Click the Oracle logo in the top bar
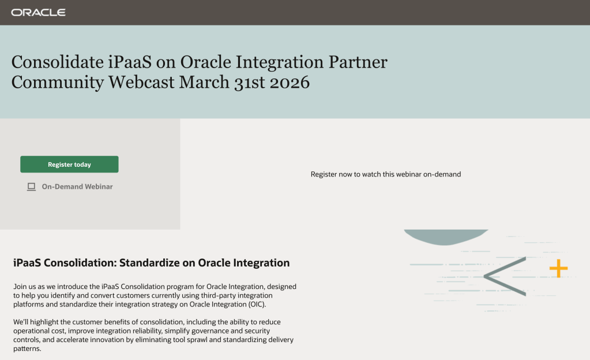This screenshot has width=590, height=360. pos(39,13)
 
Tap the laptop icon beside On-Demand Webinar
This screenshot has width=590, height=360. pos(31,187)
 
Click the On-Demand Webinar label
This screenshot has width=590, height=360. pos(77,186)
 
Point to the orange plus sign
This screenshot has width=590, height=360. pos(558,268)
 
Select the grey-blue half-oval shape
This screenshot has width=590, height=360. pos(446,237)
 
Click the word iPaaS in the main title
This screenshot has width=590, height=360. pos(130,62)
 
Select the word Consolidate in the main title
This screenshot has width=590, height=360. pos(58,62)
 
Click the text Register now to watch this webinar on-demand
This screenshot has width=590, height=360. pos(386,174)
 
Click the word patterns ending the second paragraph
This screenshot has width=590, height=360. pos(27,348)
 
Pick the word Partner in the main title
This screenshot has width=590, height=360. pos(358,62)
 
